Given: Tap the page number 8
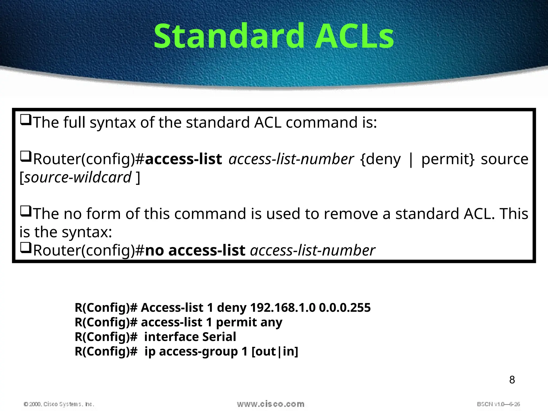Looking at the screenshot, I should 512,380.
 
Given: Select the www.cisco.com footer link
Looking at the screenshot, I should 271,404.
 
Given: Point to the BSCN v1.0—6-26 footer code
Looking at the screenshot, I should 498,404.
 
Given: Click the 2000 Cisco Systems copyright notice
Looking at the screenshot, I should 59,404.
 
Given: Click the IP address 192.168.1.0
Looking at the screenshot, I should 283,308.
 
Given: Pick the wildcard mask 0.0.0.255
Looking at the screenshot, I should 345,308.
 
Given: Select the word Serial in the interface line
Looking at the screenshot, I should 219,337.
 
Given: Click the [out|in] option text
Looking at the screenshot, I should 275,351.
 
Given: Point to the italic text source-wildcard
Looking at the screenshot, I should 78,177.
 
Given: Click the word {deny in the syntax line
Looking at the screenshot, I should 380,159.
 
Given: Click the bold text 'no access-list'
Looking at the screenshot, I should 195,250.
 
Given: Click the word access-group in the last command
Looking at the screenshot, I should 198,351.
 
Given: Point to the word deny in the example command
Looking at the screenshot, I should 232,308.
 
